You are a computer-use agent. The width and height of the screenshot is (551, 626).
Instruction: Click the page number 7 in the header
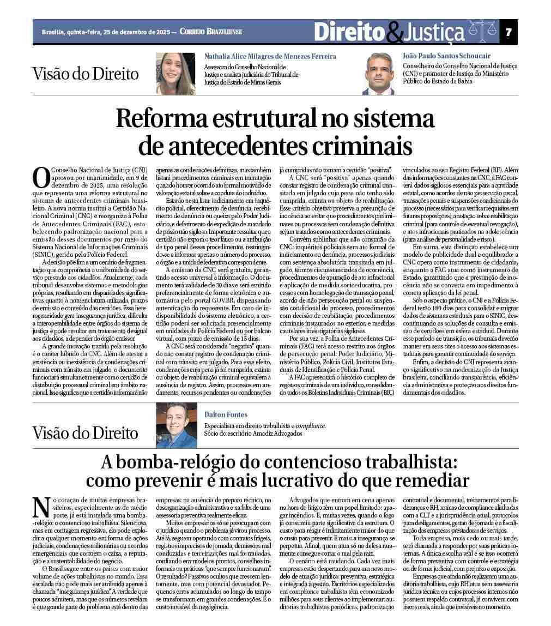(508, 32)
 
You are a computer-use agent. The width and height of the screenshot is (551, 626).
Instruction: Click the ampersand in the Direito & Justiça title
(395, 34)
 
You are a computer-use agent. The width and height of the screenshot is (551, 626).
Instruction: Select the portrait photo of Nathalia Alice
(175, 74)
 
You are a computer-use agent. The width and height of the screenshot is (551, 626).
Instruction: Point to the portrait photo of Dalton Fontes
(176, 425)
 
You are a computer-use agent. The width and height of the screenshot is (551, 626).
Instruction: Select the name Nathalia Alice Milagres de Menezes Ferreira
(270, 56)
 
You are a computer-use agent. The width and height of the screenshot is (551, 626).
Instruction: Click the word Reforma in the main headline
(164, 119)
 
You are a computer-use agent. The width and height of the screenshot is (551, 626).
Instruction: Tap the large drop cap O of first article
(41, 177)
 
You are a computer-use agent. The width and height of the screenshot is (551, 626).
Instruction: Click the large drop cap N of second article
(41, 507)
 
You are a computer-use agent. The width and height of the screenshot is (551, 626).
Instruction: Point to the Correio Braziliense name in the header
(210, 32)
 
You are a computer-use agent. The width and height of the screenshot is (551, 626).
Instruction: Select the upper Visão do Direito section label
(86, 74)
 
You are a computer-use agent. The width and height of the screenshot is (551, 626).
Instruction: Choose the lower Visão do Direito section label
(86, 433)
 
